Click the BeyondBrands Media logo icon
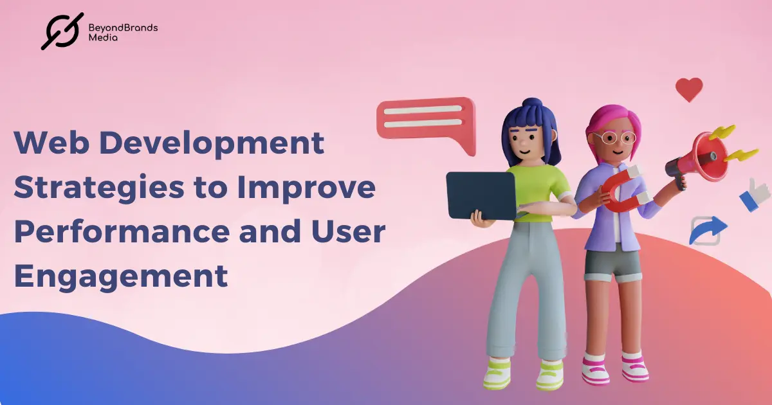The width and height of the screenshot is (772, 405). [x=62, y=31]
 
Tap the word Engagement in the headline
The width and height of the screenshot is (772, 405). [x=121, y=276]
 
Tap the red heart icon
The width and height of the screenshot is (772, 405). [x=689, y=89]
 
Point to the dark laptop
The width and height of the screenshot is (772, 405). [x=481, y=195]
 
